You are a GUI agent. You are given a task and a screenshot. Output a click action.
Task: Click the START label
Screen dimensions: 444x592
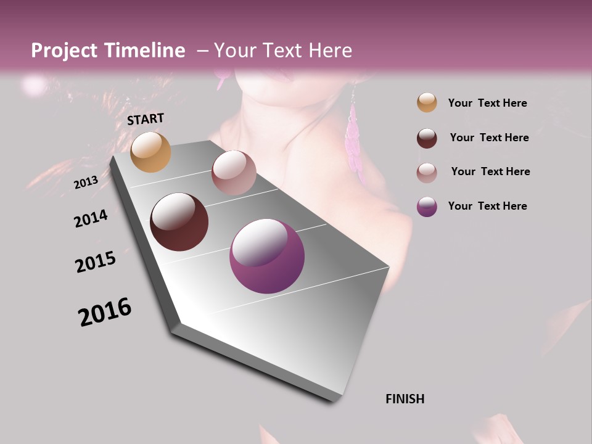(146, 119)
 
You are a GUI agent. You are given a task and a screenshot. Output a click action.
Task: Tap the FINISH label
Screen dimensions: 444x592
(405, 399)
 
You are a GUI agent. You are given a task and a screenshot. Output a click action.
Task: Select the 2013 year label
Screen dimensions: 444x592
(86, 183)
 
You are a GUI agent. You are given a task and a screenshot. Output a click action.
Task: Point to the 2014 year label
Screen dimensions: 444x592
(91, 218)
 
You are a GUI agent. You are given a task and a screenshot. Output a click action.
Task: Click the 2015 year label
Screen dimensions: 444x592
(96, 262)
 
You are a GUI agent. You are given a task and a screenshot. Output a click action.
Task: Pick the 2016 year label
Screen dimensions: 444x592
(105, 312)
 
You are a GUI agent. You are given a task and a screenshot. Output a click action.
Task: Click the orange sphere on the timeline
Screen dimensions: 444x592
(150, 152)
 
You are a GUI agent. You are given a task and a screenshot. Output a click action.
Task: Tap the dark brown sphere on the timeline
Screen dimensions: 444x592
(179, 222)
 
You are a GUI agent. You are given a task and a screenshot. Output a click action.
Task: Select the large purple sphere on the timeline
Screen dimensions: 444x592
(267, 256)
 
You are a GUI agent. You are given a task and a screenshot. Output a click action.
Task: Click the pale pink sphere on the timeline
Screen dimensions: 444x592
(234, 173)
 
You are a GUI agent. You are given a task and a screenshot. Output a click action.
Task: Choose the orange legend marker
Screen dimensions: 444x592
(427, 103)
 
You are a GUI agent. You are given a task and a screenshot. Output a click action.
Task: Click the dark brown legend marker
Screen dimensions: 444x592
(427, 138)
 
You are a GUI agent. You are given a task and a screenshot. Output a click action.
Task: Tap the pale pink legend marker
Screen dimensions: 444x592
(427, 172)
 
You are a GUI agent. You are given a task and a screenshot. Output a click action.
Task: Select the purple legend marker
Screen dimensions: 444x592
(427, 207)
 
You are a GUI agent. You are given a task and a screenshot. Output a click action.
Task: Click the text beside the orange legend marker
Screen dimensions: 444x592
(488, 104)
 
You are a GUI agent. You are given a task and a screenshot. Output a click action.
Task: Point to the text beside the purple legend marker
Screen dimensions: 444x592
(488, 206)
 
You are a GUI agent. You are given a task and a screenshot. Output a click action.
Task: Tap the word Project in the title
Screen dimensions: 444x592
(64, 51)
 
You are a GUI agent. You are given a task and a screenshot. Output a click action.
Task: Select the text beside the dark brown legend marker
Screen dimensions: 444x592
(490, 138)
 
